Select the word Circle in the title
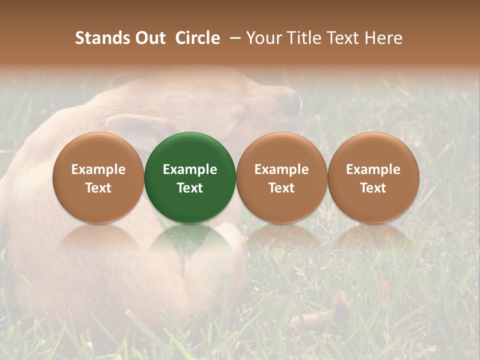click(x=197, y=38)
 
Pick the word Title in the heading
click(x=310, y=38)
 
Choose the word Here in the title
click(x=383, y=38)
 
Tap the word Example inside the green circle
click(x=190, y=169)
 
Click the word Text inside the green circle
click(x=190, y=188)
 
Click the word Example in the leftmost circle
click(x=98, y=169)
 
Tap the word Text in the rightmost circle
click(x=373, y=188)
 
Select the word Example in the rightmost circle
click(x=373, y=169)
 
